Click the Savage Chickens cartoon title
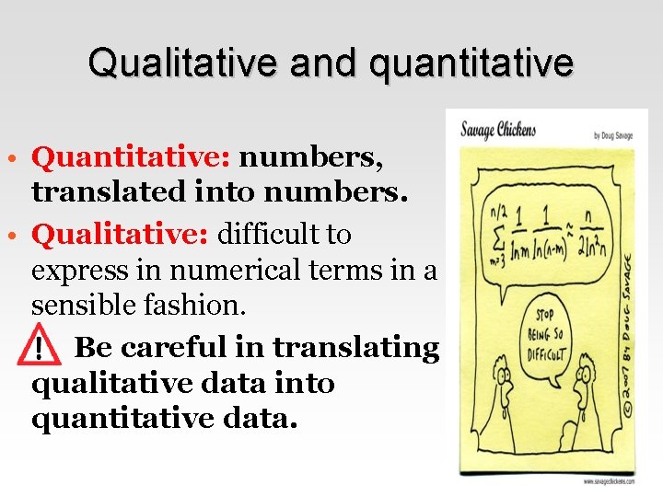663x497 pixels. coord(498,130)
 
